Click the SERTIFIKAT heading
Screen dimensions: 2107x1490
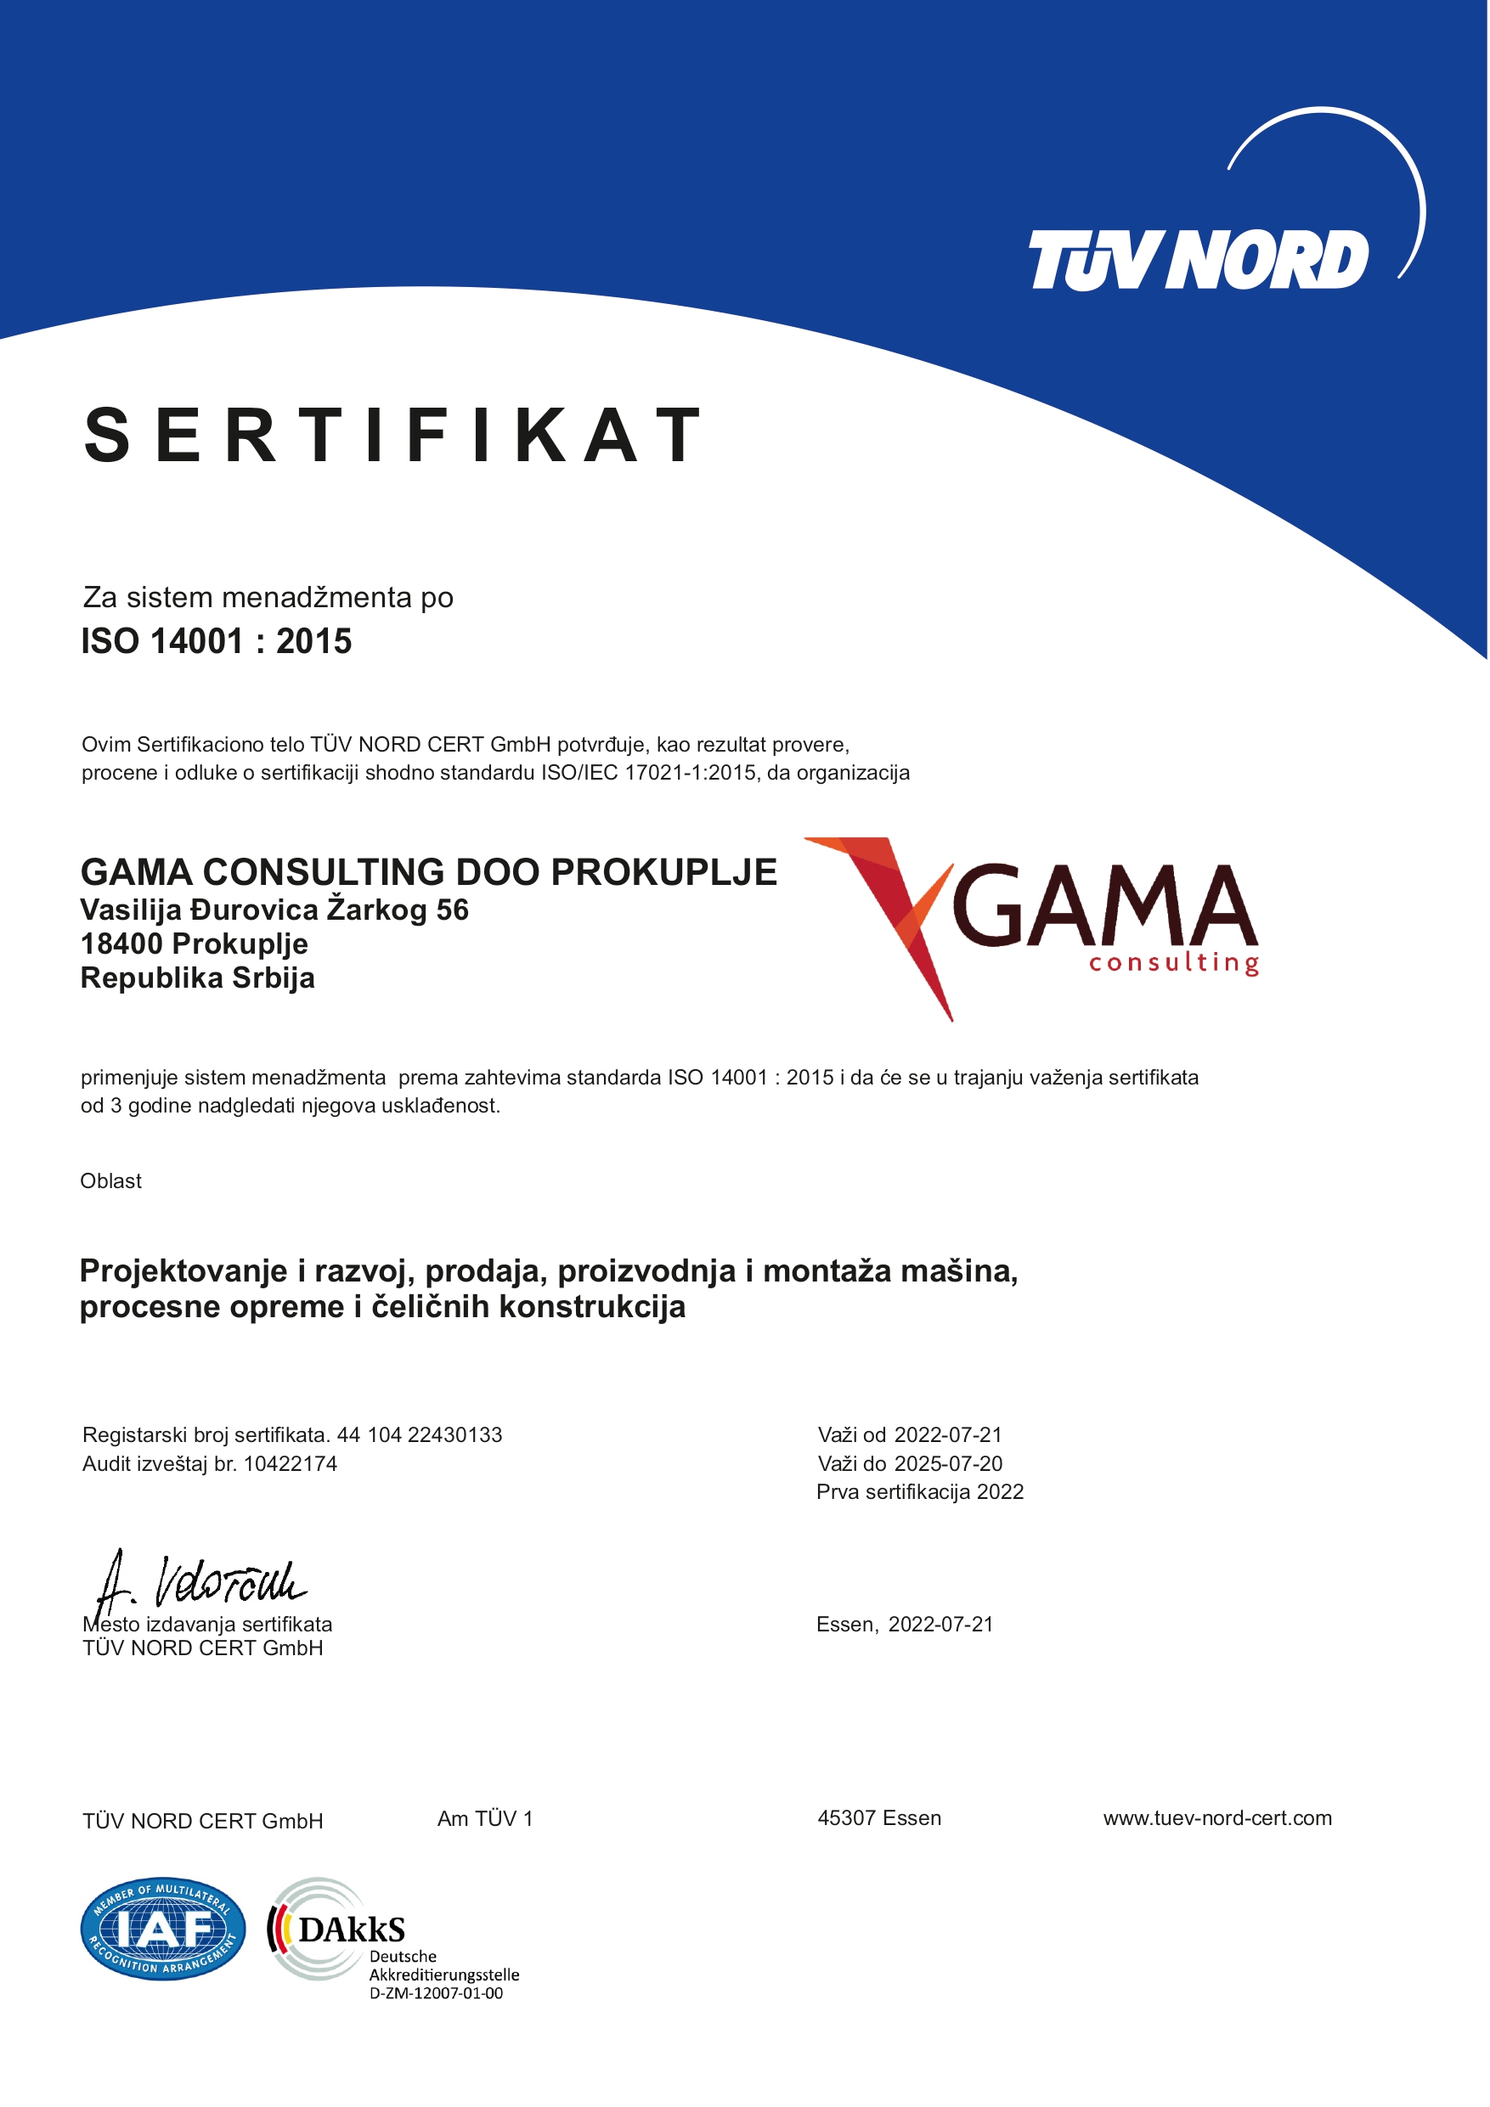coord(393,435)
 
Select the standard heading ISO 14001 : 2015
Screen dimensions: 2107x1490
coord(216,641)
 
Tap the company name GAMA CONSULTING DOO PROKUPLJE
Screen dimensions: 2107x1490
coord(428,872)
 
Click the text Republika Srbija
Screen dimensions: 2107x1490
coord(197,978)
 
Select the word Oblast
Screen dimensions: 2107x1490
coord(111,1181)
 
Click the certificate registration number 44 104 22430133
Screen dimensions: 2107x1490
coord(420,1435)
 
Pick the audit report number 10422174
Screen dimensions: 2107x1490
coord(291,1464)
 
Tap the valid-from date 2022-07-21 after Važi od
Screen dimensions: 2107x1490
coord(948,1435)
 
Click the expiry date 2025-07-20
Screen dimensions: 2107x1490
coord(948,1464)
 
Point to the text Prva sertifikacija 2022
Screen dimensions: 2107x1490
coord(920,1492)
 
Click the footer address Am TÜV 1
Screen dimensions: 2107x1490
coord(485,1819)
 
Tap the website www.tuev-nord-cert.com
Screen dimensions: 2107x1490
coord(1217,1819)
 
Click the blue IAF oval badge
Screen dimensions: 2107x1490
coord(162,1928)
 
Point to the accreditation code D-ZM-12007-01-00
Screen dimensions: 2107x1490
coord(436,1993)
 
